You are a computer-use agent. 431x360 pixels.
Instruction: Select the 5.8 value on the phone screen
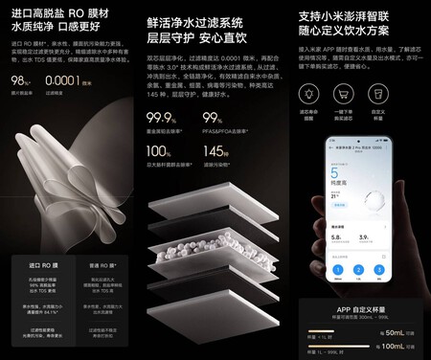point(337,235)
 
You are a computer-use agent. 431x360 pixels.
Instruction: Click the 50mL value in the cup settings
point(395,330)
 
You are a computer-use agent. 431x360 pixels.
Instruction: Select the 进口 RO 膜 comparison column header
point(40,260)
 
